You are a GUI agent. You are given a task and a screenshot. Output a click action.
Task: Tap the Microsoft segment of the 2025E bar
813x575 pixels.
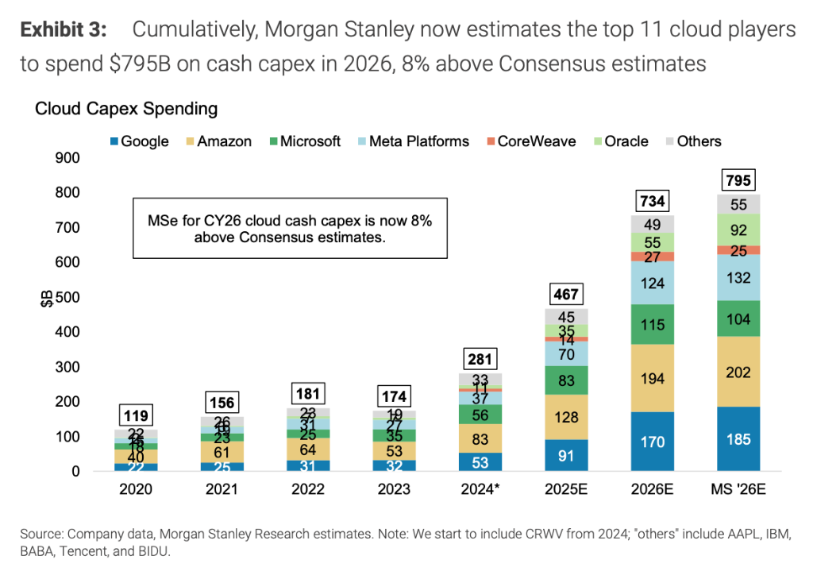(566, 380)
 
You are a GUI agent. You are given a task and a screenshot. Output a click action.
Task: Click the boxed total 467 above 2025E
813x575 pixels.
(566, 295)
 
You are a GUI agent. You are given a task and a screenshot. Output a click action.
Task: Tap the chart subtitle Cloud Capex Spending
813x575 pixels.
(126, 108)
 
